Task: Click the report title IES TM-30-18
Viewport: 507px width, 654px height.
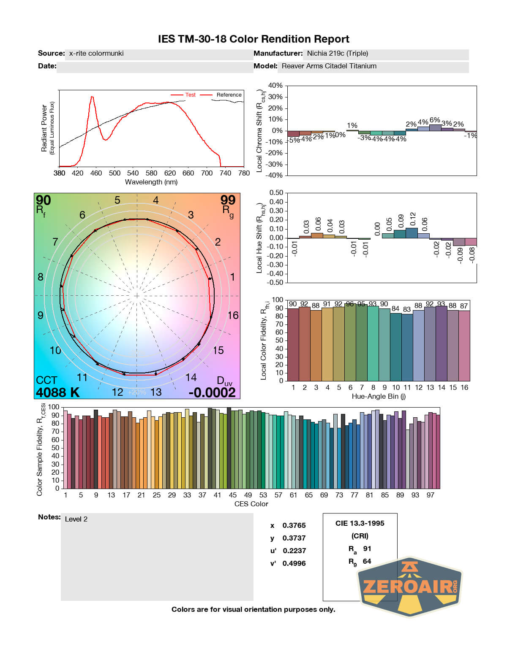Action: tap(253, 39)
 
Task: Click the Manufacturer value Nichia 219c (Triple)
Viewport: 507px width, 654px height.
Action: tap(337, 54)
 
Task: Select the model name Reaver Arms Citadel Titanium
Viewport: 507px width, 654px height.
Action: tap(329, 66)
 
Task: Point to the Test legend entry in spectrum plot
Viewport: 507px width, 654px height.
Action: tap(190, 95)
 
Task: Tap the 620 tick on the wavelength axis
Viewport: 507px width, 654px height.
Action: tap(170, 173)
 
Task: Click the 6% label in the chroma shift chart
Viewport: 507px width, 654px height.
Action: tap(435, 120)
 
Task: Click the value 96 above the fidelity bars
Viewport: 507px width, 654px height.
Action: tap(350, 304)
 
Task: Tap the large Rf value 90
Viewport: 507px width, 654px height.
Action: tap(43, 200)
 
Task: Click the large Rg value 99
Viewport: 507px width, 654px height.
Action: tap(228, 200)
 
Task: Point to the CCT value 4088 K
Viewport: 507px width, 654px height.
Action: tap(57, 392)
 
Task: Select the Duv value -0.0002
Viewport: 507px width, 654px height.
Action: tap(212, 392)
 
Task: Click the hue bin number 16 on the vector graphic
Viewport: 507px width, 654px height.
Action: tap(233, 316)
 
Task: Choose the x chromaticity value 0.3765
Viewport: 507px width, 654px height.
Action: tap(294, 526)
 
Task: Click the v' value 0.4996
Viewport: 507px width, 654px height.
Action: tap(294, 564)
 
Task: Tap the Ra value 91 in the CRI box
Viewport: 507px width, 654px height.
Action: tap(367, 549)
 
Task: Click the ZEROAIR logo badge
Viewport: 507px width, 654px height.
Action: tap(409, 586)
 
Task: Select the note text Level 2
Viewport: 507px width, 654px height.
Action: tap(76, 519)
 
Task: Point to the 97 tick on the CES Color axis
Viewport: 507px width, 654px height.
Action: tap(430, 495)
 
